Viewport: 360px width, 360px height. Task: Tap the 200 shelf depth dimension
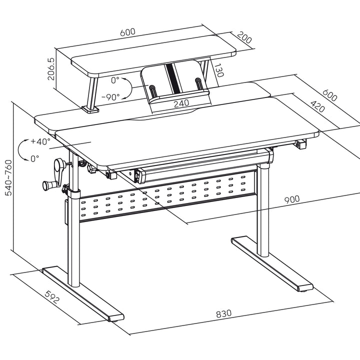click(244, 38)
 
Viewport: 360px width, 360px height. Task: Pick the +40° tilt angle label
click(40, 141)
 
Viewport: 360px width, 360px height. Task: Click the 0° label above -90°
click(115, 79)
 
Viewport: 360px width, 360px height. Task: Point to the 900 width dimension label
click(292, 198)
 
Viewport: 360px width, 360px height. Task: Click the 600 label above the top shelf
click(127, 32)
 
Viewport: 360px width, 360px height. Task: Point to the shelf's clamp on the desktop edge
click(90, 108)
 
